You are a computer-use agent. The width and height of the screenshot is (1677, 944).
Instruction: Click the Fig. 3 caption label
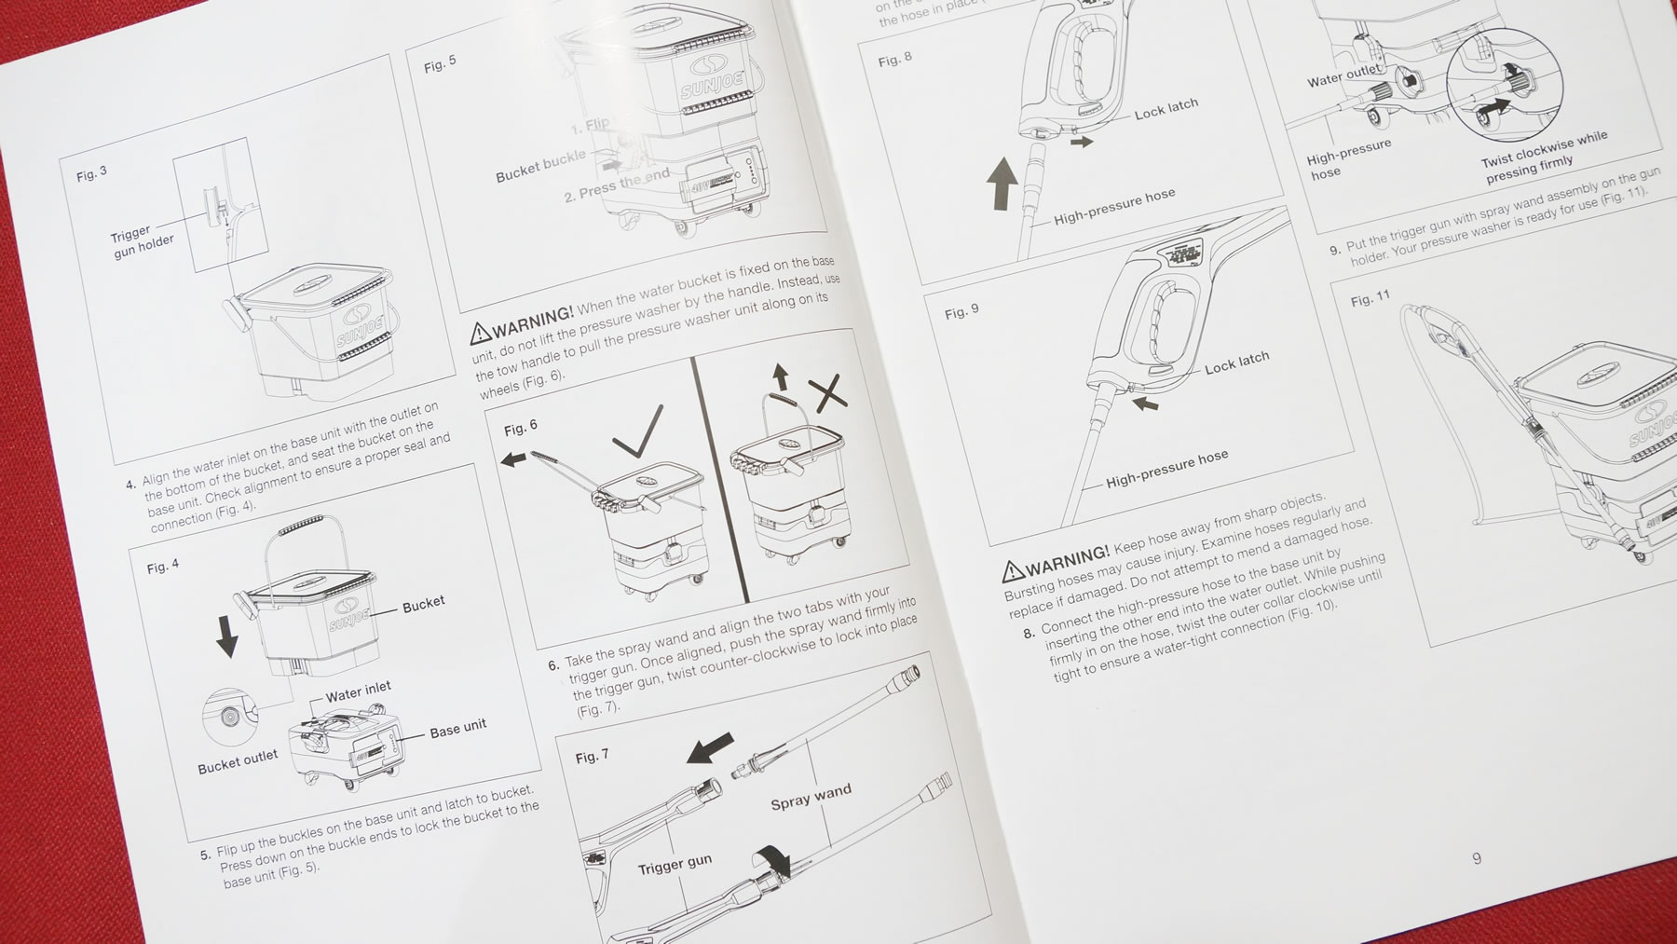click(x=91, y=174)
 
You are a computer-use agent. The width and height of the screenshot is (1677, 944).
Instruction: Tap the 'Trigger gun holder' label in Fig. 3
click(x=141, y=242)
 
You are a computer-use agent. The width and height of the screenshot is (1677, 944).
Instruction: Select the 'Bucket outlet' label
click(x=238, y=762)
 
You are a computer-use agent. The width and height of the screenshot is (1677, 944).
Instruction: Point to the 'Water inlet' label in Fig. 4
click(x=358, y=691)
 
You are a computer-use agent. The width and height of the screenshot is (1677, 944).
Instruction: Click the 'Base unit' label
click(x=457, y=728)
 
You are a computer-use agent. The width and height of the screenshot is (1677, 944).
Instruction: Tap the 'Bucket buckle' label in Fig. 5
click(x=540, y=166)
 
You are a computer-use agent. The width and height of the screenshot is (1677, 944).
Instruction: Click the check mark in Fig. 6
click(x=639, y=431)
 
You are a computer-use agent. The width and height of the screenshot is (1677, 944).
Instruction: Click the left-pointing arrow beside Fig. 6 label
click(x=512, y=459)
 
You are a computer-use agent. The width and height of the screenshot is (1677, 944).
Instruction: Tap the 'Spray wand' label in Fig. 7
click(x=811, y=796)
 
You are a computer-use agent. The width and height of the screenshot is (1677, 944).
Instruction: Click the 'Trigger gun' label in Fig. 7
click(x=675, y=866)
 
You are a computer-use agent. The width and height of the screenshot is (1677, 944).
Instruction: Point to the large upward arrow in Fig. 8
click(x=1002, y=183)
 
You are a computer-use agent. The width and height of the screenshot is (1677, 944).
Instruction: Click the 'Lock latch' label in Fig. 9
click(x=1236, y=363)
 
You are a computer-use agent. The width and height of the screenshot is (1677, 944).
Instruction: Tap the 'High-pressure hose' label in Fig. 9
click(x=1166, y=469)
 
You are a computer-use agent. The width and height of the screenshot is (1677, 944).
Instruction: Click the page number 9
click(x=1477, y=858)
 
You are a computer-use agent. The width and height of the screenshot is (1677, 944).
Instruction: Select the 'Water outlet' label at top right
click(x=1343, y=75)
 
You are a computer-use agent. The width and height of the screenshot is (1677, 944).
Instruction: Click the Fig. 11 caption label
click(x=1370, y=298)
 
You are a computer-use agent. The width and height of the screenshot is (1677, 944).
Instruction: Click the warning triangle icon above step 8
click(x=1013, y=569)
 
